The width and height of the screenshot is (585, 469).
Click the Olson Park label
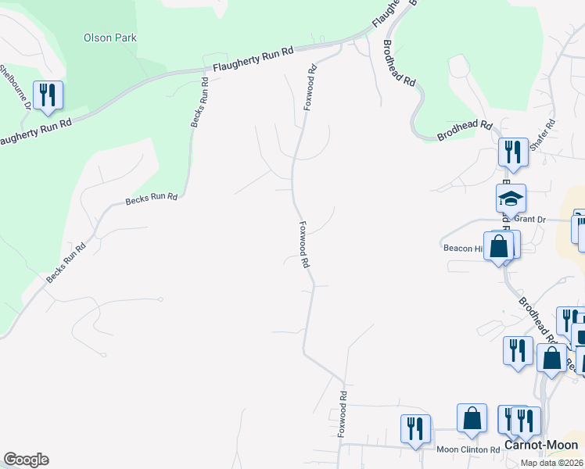click(x=109, y=38)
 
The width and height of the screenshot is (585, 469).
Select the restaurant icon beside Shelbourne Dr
click(x=48, y=95)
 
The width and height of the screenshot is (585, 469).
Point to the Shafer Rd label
click(x=542, y=135)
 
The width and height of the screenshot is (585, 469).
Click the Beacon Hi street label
click(x=463, y=248)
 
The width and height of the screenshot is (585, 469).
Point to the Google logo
click(x=26, y=460)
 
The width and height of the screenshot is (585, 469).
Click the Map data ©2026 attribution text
click(x=550, y=463)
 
